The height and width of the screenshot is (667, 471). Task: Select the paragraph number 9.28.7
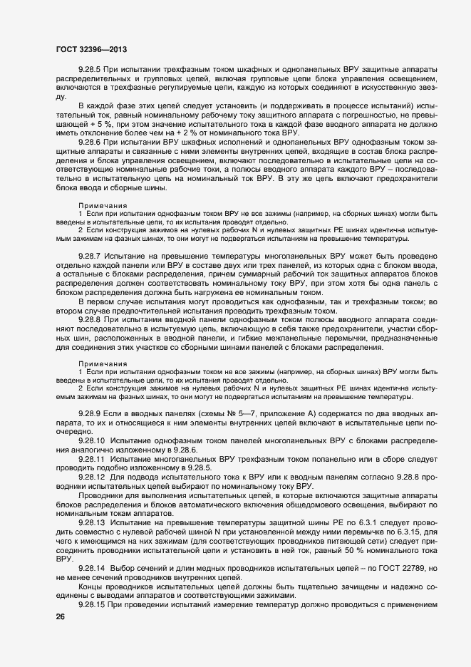(90, 255)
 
